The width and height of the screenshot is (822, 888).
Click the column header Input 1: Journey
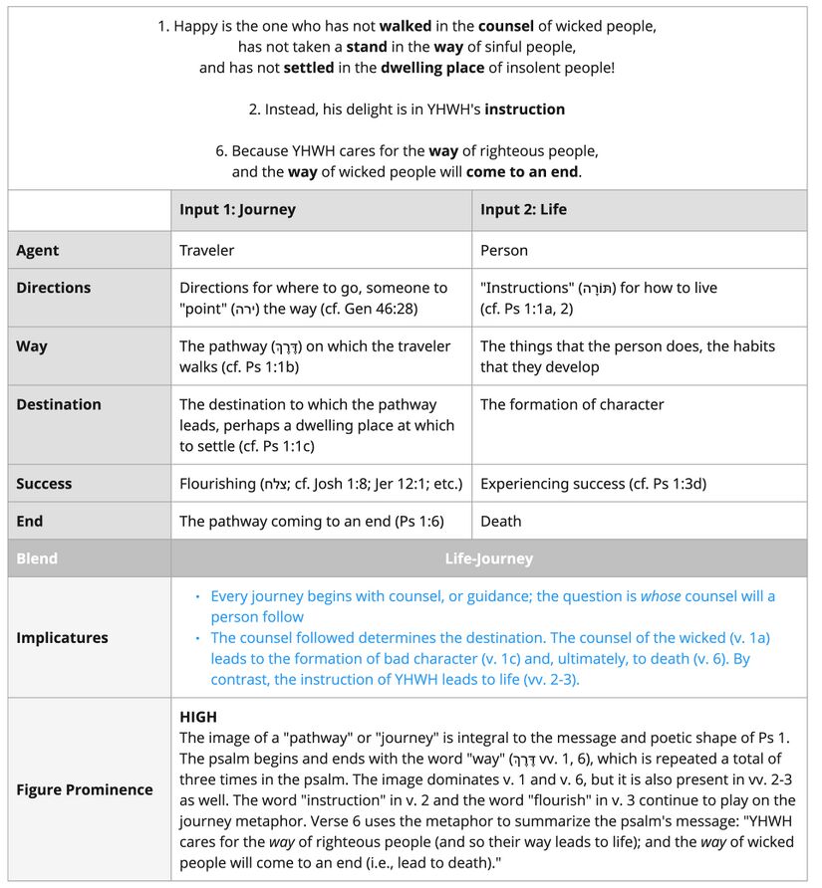pyautogui.click(x=237, y=210)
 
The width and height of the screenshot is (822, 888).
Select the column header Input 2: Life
pyautogui.click(x=524, y=210)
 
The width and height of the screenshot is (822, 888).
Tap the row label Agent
pyautogui.click(x=38, y=251)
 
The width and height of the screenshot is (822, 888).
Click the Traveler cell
pyautogui.click(x=206, y=251)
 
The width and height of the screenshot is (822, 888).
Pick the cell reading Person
pyautogui.click(x=504, y=251)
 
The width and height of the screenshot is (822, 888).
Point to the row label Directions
pyautogui.click(x=54, y=288)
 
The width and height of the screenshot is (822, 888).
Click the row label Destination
pyautogui.click(x=59, y=405)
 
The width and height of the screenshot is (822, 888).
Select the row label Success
pyautogui.click(x=44, y=484)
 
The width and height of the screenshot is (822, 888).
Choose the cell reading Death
pyautogui.click(x=501, y=521)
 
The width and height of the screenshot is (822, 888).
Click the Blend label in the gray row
pyautogui.click(x=37, y=558)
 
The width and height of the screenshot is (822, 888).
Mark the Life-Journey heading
pyautogui.click(x=488, y=558)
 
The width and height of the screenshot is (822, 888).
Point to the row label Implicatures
pyautogui.click(x=62, y=638)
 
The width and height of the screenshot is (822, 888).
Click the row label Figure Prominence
pyautogui.click(x=85, y=789)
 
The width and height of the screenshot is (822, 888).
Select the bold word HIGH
pyautogui.click(x=198, y=717)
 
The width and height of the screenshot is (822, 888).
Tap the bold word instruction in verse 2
pyautogui.click(x=524, y=110)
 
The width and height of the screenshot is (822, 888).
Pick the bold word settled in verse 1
pyautogui.click(x=309, y=68)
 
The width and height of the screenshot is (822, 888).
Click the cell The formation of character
pyautogui.click(x=572, y=405)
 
